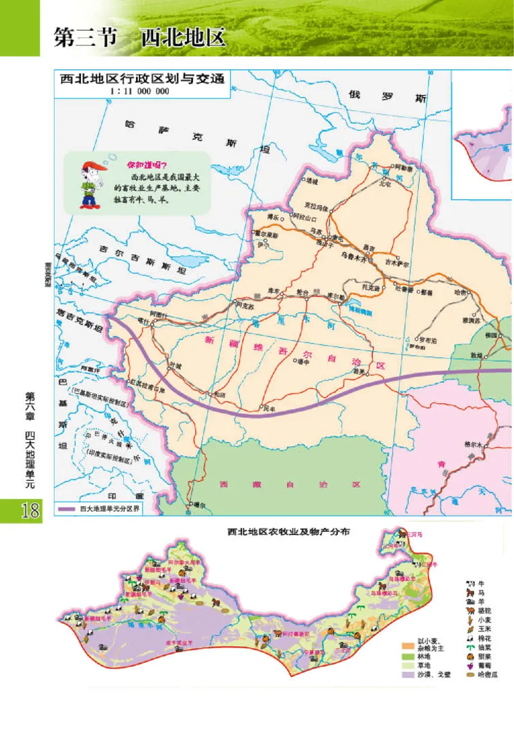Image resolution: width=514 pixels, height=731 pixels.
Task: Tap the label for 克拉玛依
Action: coord(315,208)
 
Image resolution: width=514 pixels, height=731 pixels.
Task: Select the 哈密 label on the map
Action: coord(461,292)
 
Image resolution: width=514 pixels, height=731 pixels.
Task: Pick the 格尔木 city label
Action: coord(474,443)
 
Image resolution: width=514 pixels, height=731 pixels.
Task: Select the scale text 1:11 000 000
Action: coord(140,91)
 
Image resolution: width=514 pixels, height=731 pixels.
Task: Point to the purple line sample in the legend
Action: coord(67,509)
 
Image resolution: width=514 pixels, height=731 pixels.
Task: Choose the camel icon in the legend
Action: coord(470,610)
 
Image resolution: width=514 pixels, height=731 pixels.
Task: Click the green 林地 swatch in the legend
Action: coord(406,657)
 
